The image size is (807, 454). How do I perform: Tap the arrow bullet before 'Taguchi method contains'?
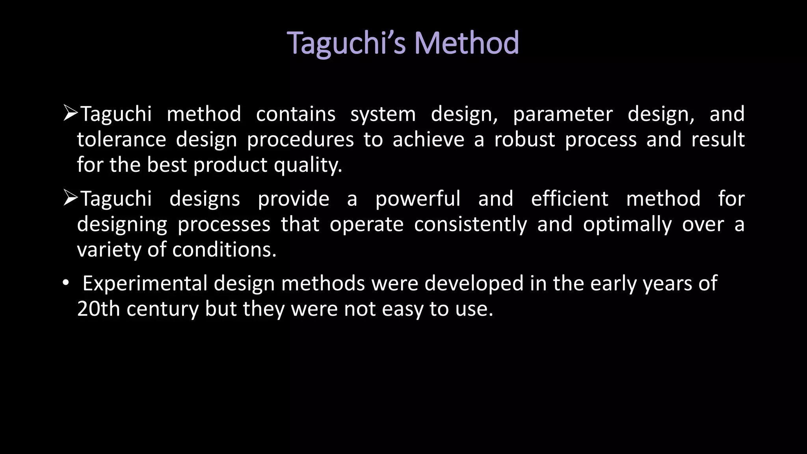[x=70, y=113]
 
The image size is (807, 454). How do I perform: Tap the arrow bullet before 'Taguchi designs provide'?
[x=70, y=198]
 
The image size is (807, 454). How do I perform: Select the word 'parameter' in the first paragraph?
[x=563, y=114]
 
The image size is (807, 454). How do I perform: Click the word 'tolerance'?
[x=121, y=140]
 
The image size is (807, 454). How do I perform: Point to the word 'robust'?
[x=524, y=140]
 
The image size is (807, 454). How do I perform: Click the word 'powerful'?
[x=418, y=199]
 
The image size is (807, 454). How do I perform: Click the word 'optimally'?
[x=627, y=225]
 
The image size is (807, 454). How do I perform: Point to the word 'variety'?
[x=109, y=250]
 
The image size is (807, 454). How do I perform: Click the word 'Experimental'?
[x=145, y=284]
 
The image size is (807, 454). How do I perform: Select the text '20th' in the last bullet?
[x=98, y=309]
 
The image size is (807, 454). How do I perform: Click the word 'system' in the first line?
[x=383, y=114]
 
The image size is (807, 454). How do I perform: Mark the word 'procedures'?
[x=300, y=140]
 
